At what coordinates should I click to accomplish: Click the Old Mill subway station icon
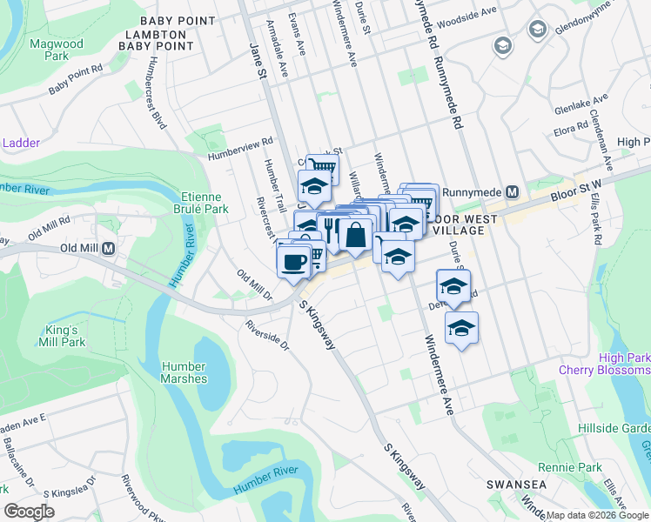tap(109, 248)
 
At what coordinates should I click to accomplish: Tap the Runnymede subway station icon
tap(513, 191)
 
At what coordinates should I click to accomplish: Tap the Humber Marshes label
tap(184, 372)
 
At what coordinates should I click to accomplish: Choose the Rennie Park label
tap(577, 468)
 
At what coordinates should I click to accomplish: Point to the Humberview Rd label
tap(240, 147)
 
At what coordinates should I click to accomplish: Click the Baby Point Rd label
tap(76, 79)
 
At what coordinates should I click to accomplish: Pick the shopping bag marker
tap(356, 234)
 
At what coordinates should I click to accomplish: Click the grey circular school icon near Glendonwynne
tap(503, 45)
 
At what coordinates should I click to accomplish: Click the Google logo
tap(30, 511)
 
